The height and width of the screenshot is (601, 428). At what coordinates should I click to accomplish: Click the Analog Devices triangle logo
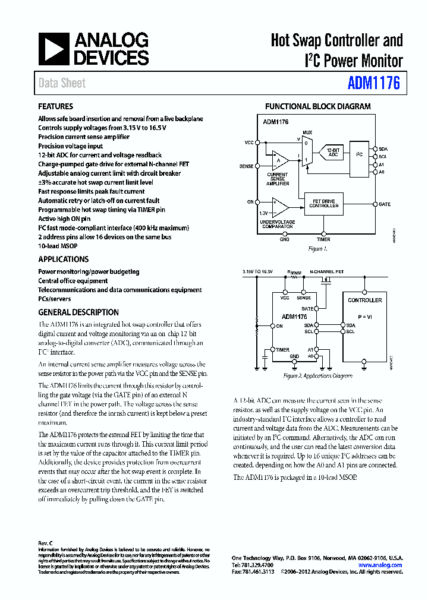[x=54, y=49]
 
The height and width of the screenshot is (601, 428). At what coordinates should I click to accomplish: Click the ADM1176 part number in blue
[x=374, y=83]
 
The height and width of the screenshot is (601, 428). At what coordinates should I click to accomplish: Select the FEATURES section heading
[x=55, y=106]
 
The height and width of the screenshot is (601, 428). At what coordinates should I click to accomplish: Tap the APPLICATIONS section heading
[x=64, y=259]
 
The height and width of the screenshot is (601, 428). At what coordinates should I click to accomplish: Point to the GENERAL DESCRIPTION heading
[x=78, y=312]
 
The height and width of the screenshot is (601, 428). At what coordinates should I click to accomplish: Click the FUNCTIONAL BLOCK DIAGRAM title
[x=317, y=107]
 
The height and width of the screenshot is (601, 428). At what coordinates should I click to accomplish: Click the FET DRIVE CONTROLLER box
[x=325, y=204]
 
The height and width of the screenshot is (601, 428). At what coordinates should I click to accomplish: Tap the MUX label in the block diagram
[x=307, y=132]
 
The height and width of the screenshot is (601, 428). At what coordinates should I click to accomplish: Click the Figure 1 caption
[x=317, y=249]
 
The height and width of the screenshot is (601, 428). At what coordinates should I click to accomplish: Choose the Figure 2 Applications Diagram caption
[x=317, y=376]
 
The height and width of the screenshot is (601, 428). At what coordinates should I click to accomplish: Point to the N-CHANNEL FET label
[x=327, y=271]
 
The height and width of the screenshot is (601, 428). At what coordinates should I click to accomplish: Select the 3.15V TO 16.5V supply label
[x=257, y=271]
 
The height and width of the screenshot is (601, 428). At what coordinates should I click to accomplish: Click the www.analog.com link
[x=385, y=565]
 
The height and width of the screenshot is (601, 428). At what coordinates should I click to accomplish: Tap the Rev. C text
[x=46, y=543]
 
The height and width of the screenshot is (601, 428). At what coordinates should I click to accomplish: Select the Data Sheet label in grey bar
[x=62, y=83]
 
